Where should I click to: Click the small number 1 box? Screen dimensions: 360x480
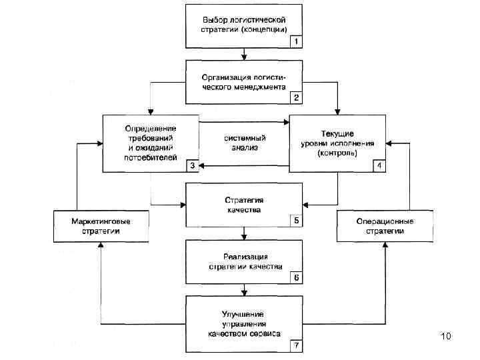296,41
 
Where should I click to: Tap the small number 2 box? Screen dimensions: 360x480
296,97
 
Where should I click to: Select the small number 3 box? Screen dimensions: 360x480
191,166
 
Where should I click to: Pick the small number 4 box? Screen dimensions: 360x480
379,166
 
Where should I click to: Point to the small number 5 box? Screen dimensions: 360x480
296,220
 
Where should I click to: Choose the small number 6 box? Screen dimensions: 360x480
296,278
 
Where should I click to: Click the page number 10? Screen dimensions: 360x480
447,337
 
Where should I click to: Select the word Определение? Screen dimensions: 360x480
150,128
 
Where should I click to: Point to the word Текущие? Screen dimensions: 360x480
338,134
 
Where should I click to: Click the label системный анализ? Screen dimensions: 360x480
241,143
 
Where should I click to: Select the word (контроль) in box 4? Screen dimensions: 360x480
338,153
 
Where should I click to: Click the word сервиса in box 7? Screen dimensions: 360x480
265,333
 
